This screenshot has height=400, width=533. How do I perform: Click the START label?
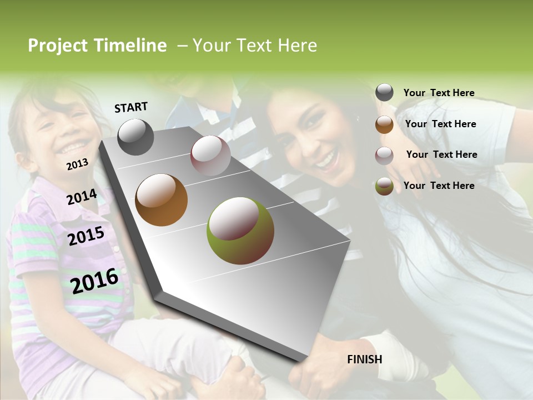[131, 107]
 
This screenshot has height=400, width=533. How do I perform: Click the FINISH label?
[364, 359]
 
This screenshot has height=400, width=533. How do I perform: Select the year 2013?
[77, 164]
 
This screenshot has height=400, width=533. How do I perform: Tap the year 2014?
[82, 197]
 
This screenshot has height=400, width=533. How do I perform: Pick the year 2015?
[86, 236]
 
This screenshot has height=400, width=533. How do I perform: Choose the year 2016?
[94, 281]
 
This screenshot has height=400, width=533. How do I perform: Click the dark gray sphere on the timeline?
[135, 137]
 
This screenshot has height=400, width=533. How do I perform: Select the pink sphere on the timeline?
[210, 155]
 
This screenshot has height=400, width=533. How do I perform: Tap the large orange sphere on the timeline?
[162, 200]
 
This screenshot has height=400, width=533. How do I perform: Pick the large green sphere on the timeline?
[240, 231]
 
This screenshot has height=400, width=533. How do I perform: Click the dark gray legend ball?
[384, 93]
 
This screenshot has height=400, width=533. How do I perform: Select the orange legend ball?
[384, 124]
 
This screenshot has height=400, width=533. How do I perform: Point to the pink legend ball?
[384, 156]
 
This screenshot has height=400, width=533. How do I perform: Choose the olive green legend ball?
[384, 186]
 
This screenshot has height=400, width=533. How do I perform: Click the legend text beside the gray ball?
[439, 93]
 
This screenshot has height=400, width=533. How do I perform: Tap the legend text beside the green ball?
[439, 186]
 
